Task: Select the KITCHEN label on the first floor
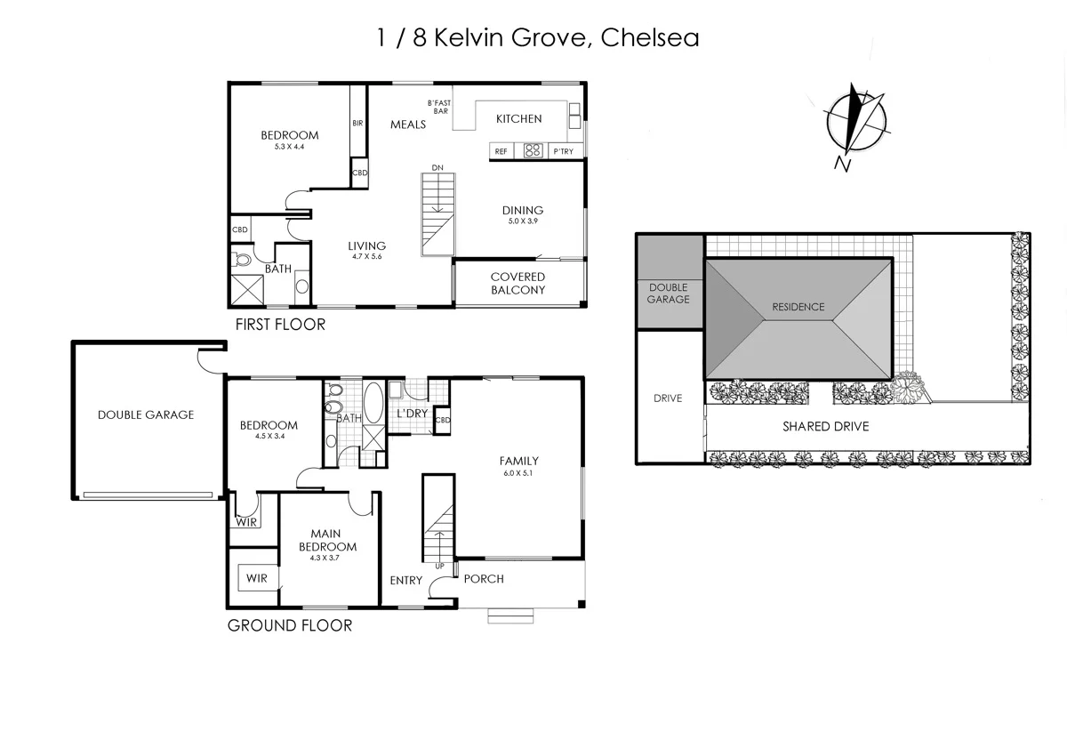pos(518,118)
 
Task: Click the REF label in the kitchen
pos(501,152)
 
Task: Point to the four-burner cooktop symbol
pos(533,151)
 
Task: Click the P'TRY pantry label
pos(564,152)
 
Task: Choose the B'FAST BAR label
pos(439,107)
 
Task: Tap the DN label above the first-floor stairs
pos(437,167)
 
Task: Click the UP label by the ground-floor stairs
pos(439,566)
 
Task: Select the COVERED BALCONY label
pos(517,283)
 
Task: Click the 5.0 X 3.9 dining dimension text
pos(522,221)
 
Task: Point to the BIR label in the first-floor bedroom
pos(357,124)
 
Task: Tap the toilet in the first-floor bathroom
pos(243,261)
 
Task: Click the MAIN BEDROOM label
pos(327,540)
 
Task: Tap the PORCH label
pos(484,579)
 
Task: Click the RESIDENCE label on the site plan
pos(798,307)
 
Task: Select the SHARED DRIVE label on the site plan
pos(825,427)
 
